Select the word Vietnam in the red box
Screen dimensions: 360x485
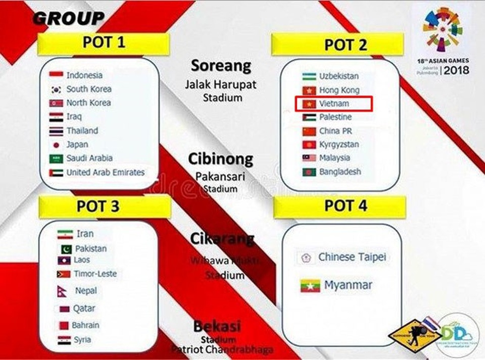[x=334, y=104]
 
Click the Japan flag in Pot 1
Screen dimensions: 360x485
[x=56, y=144]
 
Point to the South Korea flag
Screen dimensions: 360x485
[x=56, y=89]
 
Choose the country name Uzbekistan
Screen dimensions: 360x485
[x=338, y=76]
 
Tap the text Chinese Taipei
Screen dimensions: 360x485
[x=352, y=257]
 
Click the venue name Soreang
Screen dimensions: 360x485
[x=221, y=66]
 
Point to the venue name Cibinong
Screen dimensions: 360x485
[x=220, y=160]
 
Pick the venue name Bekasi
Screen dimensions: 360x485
[x=217, y=326]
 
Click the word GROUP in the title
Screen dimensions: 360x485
[x=68, y=19]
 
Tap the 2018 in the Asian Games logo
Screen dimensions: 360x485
[x=457, y=69]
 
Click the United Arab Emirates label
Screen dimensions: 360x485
[x=105, y=172]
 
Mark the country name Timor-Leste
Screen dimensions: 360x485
[x=95, y=274]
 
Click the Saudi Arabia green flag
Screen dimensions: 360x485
[x=56, y=159]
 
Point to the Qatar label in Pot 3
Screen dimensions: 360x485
[x=84, y=308]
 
